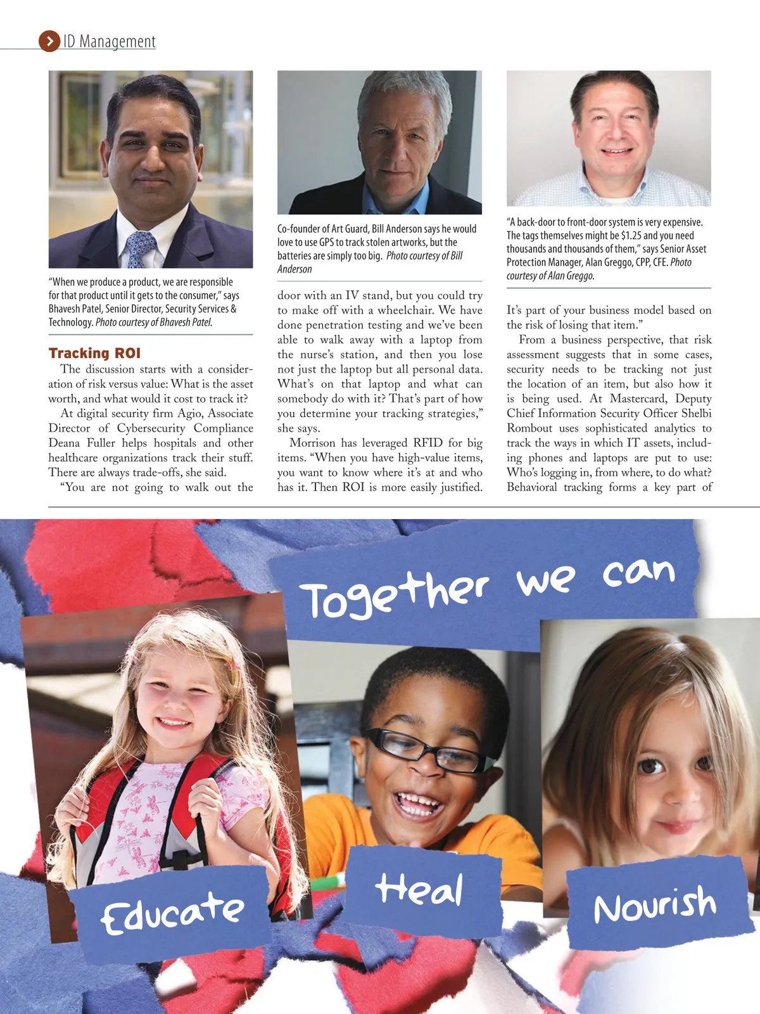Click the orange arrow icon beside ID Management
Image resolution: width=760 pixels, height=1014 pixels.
click(x=49, y=41)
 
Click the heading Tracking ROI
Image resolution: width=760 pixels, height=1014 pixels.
click(x=94, y=353)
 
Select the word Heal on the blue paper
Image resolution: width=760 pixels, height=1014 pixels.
click(x=419, y=889)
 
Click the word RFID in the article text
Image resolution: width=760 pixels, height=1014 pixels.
click(x=428, y=443)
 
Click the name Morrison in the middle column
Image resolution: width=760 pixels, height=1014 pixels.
click(x=312, y=443)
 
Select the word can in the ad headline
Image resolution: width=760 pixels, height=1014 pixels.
click(x=638, y=572)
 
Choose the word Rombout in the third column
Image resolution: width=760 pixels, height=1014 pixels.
click(x=529, y=428)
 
